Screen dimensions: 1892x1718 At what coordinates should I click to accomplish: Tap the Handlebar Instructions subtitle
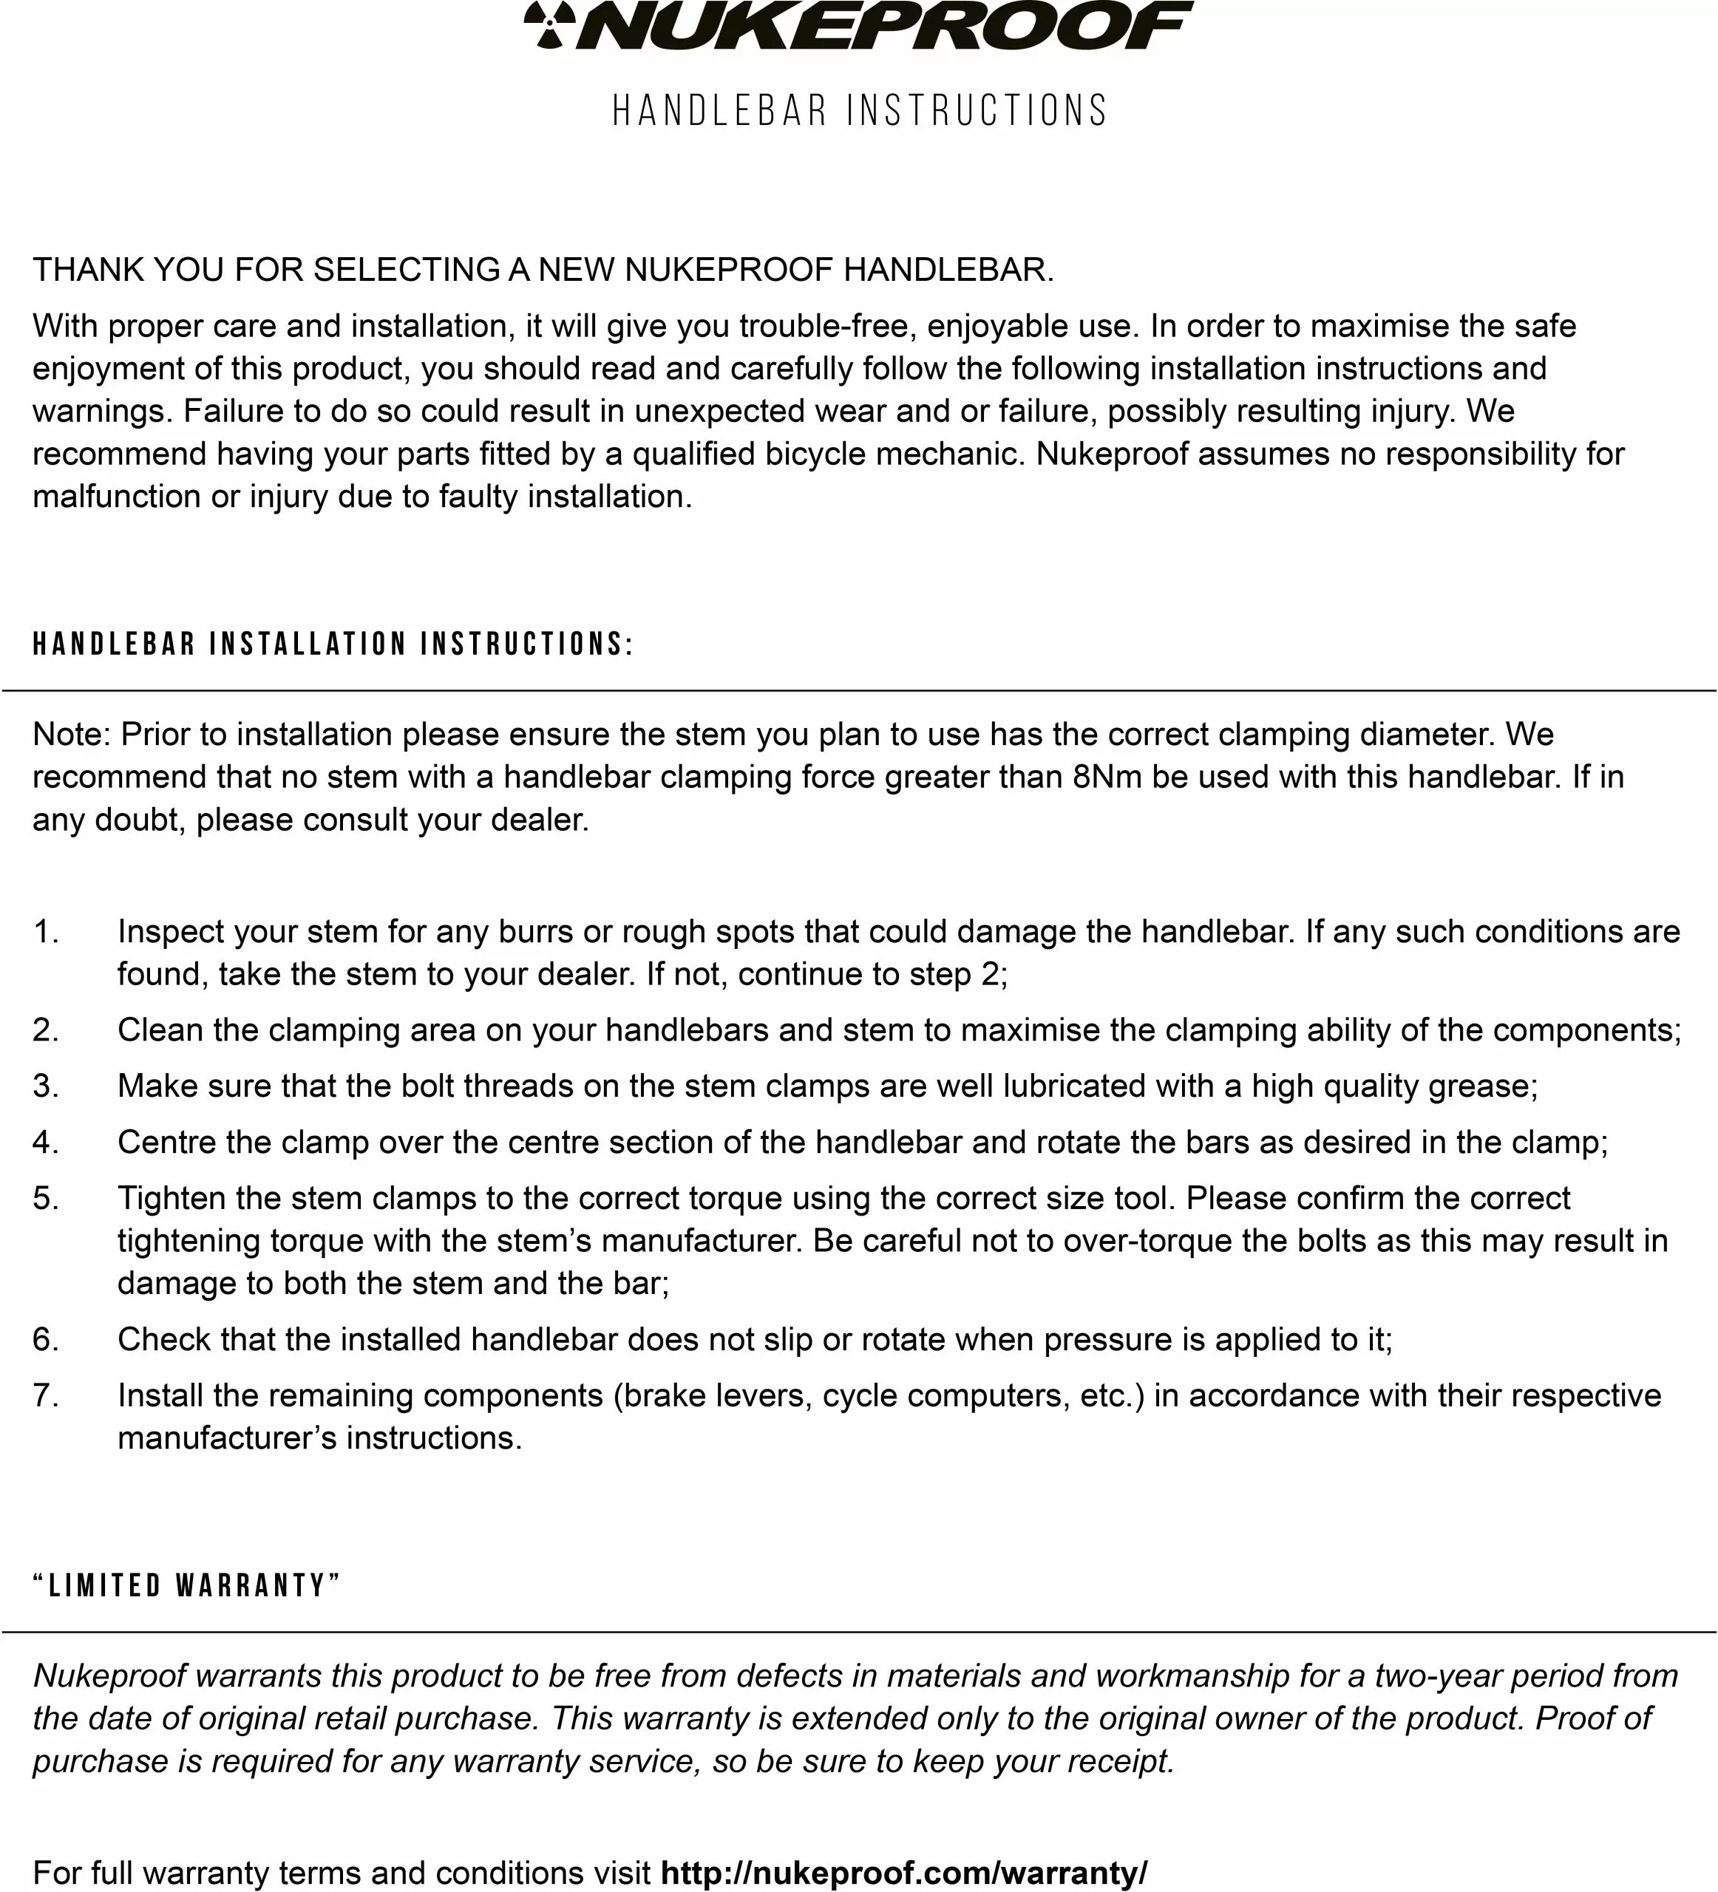point(860,111)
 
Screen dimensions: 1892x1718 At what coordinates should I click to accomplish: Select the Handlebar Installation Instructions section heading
point(333,644)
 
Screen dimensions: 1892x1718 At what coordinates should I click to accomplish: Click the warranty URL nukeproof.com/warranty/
point(904,1872)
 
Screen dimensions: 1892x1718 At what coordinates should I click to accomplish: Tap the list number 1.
point(45,932)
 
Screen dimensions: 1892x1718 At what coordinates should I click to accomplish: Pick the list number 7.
point(45,1395)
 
